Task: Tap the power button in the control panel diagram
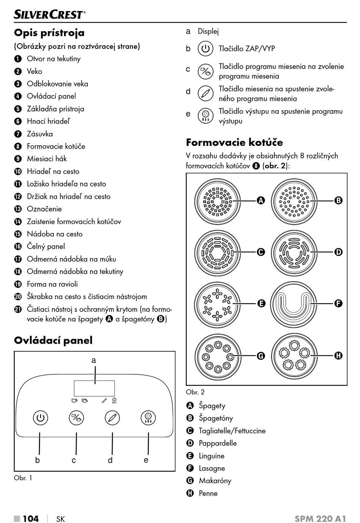point(40,418)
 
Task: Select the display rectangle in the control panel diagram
point(94,388)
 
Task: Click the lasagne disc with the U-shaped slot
point(295,304)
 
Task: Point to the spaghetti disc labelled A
point(218,200)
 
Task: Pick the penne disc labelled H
point(295,355)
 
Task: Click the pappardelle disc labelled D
point(295,252)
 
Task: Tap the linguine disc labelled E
point(218,304)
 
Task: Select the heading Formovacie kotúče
point(234,142)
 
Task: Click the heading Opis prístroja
point(49,33)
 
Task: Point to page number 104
point(30,518)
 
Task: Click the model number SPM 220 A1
point(320,518)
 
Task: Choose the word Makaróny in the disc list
point(215,481)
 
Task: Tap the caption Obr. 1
point(23,478)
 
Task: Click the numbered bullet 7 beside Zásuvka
point(18,134)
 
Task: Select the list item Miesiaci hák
point(47,159)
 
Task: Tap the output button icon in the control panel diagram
point(148,418)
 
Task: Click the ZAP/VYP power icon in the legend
point(205,49)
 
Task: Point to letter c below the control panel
point(74,460)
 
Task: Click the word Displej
point(208,31)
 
